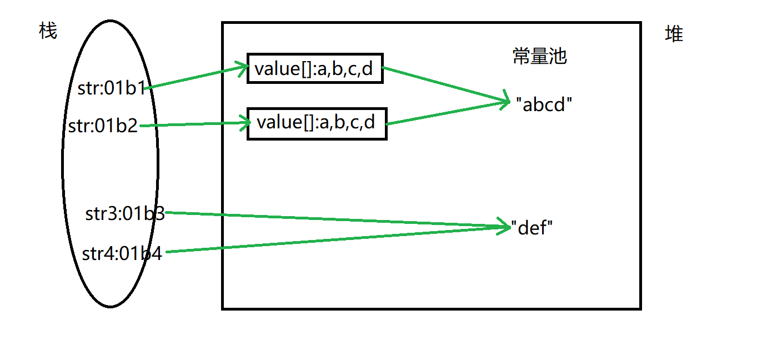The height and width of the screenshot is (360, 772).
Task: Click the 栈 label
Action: pos(48,31)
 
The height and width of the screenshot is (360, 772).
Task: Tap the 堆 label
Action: pos(674,34)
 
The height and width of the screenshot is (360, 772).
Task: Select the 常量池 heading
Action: pos(539,56)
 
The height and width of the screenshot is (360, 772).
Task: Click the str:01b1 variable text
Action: pos(112,88)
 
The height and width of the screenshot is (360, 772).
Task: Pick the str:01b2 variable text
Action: pos(103,126)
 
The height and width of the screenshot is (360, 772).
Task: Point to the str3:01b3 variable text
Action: pos(125,214)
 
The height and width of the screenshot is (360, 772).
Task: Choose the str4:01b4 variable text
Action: pos(122,253)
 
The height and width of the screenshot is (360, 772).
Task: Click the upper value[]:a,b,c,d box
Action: pos(315,69)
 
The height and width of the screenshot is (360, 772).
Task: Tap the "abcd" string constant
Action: pos(544,104)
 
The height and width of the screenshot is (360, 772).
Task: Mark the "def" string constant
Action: pos(532,227)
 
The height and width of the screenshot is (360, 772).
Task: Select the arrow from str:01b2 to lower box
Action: pos(194,124)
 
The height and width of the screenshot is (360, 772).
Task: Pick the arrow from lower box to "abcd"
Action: pos(444,113)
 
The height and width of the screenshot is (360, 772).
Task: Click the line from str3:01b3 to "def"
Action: pos(333,219)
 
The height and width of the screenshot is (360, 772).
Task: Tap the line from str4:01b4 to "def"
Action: pos(333,239)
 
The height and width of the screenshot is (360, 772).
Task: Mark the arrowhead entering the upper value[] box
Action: pos(242,68)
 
